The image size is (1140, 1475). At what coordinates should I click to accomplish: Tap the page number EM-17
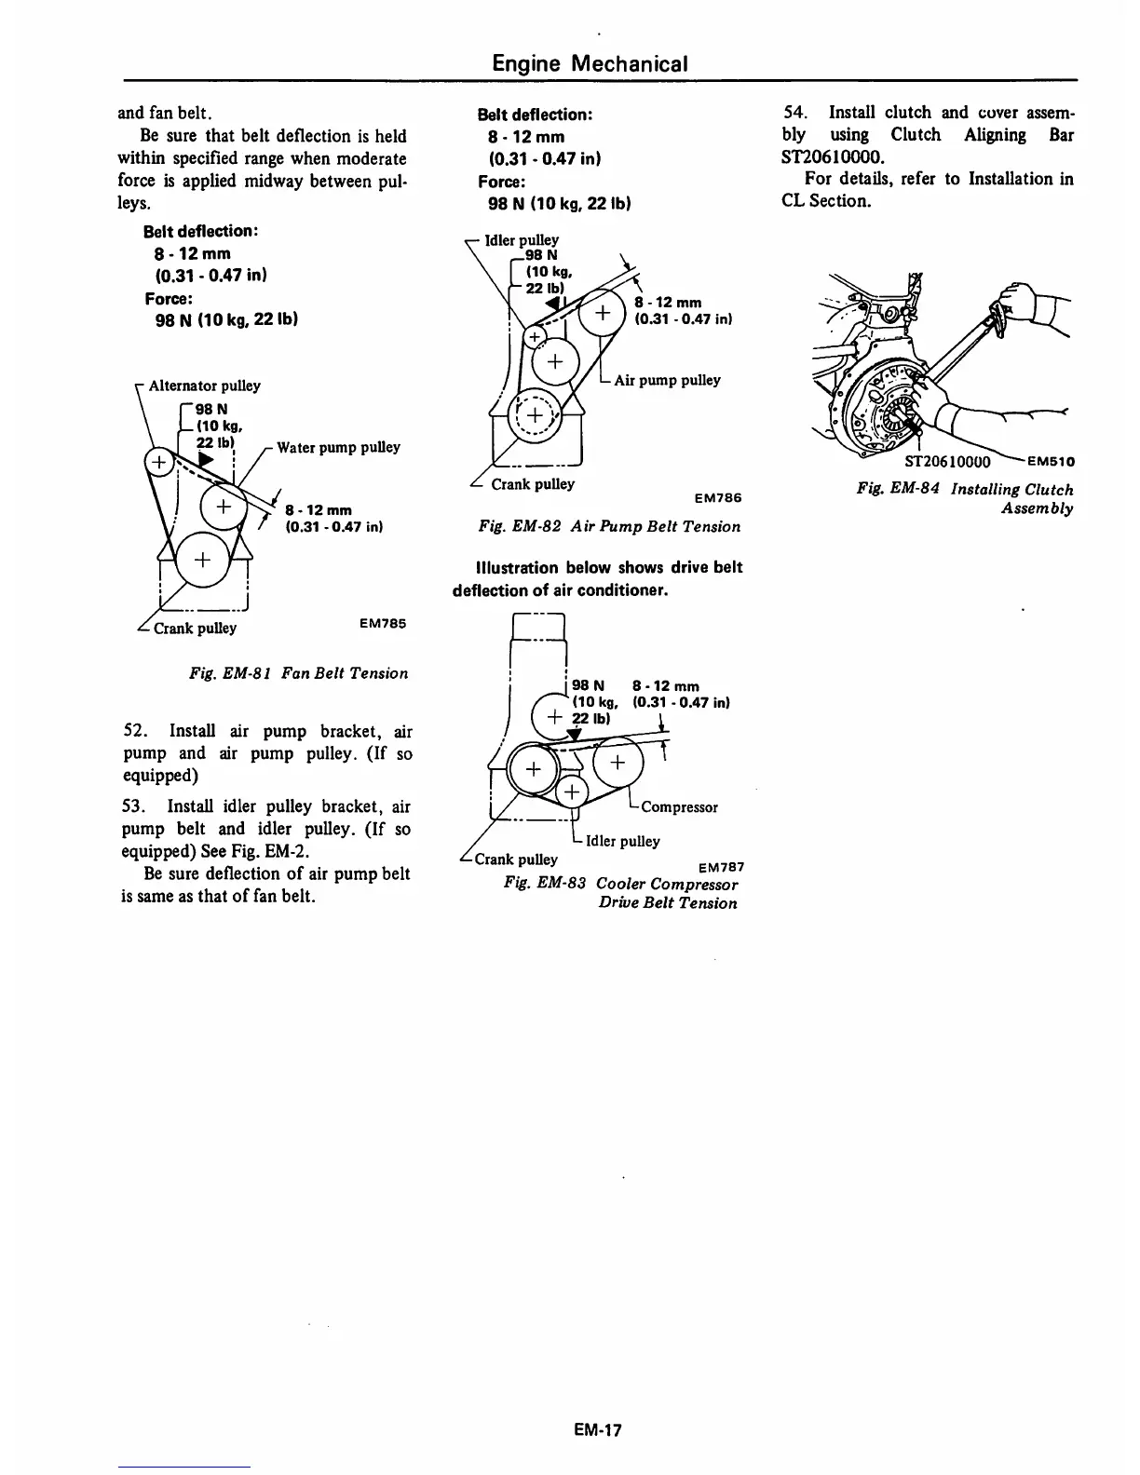(597, 1428)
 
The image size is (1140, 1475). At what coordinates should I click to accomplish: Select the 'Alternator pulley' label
(204, 386)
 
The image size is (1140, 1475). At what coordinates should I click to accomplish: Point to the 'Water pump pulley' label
(338, 447)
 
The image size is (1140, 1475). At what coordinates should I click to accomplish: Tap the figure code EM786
(717, 498)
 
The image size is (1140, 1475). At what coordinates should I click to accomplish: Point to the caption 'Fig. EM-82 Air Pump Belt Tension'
(609, 527)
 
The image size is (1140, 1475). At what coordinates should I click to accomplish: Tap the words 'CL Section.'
(826, 200)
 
